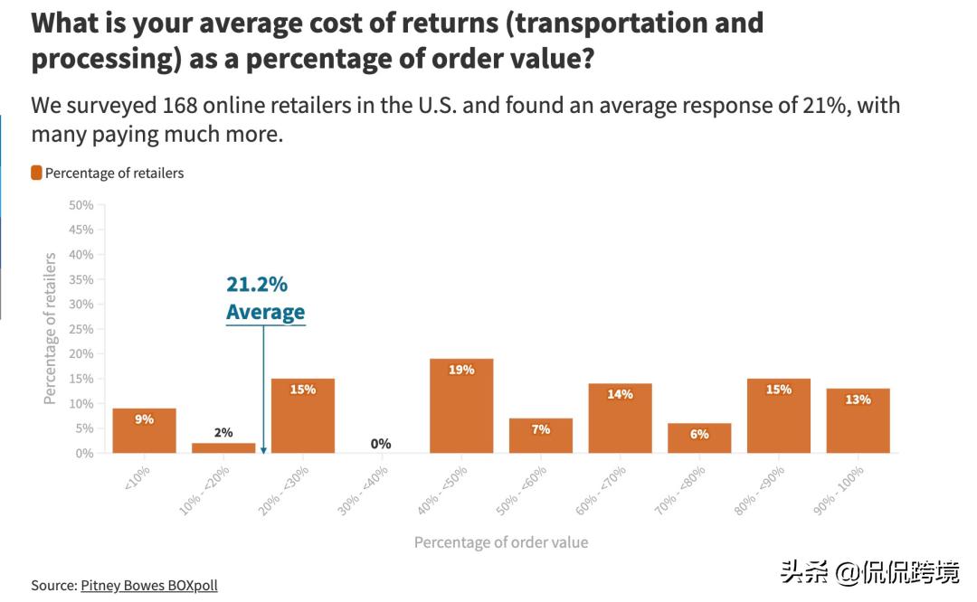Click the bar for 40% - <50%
click(x=461, y=407)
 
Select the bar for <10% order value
click(x=144, y=431)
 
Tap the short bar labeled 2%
click(x=223, y=447)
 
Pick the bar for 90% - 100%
click(x=858, y=421)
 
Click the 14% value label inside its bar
click(x=621, y=394)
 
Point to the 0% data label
click(x=381, y=444)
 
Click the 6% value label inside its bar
click(x=699, y=434)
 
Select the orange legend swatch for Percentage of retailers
click(x=36, y=173)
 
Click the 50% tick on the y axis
click(x=81, y=205)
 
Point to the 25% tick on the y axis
click(x=81, y=329)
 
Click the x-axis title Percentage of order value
click(x=501, y=542)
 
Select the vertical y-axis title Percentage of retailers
click(x=51, y=328)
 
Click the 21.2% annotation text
click(x=257, y=285)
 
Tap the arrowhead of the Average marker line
click(x=263, y=449)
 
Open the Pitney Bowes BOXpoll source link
click(x=149, y=585)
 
